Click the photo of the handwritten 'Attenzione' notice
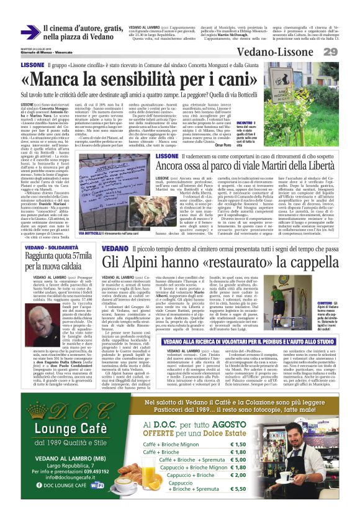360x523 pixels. (109, 197)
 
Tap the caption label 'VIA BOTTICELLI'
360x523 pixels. (90, 232)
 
